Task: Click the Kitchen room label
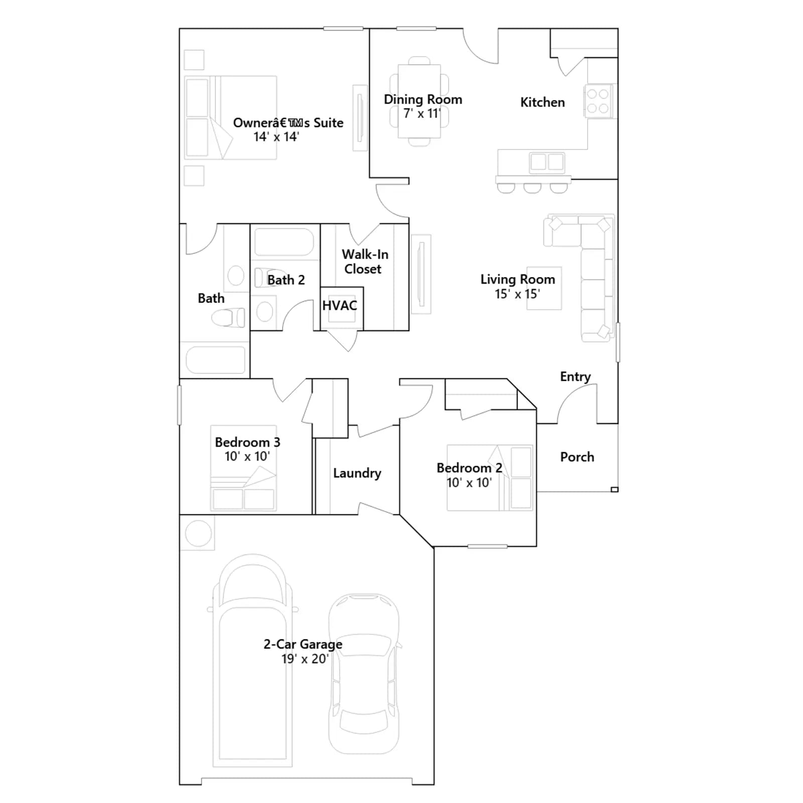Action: pyautogui.click(x=543, y=102)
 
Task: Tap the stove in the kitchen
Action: pyautogui.click(x=598, y=101)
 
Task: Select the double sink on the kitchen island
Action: pyautogui.click(x=547, y=162)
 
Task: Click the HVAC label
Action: pyautogui.click(x=340, y=306)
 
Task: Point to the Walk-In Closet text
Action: pyautogui.click(x=365, y=261)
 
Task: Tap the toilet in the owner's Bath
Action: pyautogui.click(x=228, y=317)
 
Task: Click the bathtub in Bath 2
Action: pyautogui.click(x=284, y=242)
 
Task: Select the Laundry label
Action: pyautogui.click(x=357, y=473)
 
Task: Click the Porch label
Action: pyautogui.click(x=577, y=457)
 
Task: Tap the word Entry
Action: pyautogui.click(x=575, y=377)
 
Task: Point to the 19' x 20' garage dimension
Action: pyautogui.click(x=305, y=659)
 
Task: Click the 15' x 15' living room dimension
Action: pyautogui.click(x=517, y=294)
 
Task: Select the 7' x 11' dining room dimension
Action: pyautogui.click(x=422, y=114)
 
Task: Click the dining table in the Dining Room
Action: pyautogui.click(x=420, y=101)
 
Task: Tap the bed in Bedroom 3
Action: pyautogui.click(x=243, y=468)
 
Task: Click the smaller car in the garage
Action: pyautogui.click(x=364, y=674)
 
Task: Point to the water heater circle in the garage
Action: pyautogui.click(x=198, y=533)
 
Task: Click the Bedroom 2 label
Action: pyautogui.click(x=469, y=468)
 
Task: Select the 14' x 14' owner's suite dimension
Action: pyautogui.click(x=276, y=137)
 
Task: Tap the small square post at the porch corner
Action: pyautogui.click(x=614, y=489)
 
